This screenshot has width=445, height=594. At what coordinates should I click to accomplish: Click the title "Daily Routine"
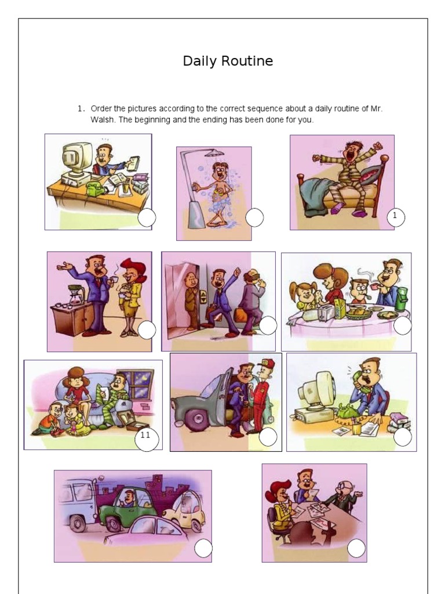(x=228, y=60)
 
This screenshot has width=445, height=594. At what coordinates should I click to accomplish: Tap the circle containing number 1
(x=396, y=217)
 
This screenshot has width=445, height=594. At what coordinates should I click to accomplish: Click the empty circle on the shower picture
(x=254, y=218)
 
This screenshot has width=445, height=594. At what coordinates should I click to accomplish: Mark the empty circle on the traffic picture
(x=203, y=548)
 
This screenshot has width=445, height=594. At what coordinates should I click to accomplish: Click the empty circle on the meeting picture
(x=356, y=548)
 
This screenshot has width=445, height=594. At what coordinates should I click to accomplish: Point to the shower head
(x=214, y=153)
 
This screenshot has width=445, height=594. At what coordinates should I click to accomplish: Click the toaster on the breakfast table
(x=326, y=312)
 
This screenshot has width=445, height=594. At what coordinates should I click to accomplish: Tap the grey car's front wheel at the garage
(x=196, y=419)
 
